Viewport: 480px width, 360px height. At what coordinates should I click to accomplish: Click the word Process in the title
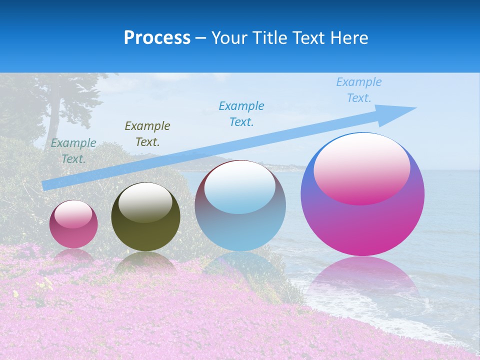pyautogui.click(x=157, y=38)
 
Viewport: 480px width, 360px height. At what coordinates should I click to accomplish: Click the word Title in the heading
pyautogui.click(x=270, y=38)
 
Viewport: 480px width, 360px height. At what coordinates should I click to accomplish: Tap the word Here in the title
pyautogui.click(x=350, y=38)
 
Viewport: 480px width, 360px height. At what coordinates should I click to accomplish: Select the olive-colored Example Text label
pyautogui.click(x=147, y=134)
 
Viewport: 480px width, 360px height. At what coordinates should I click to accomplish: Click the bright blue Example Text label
pyautogui.click(x=241, y=114)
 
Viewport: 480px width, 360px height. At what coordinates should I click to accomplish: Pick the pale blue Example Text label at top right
pyautogui.click(x=359, y=90)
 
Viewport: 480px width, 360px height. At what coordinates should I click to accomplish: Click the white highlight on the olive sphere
pyautogui.click(x=145, y=202)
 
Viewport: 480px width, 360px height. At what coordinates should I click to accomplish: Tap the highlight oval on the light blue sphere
pyautogui.click(x=240, y=187)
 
